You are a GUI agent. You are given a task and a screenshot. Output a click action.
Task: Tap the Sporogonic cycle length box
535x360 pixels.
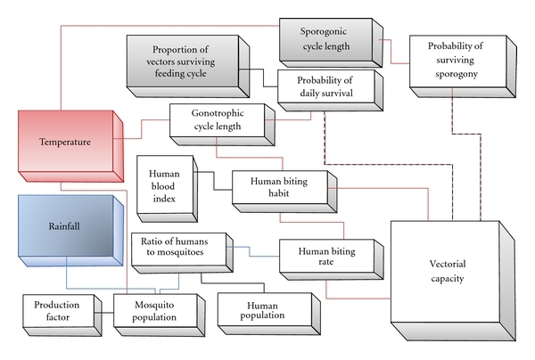(x=325, y=41)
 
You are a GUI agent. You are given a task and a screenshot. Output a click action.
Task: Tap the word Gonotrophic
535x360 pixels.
(x=215, y=115)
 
